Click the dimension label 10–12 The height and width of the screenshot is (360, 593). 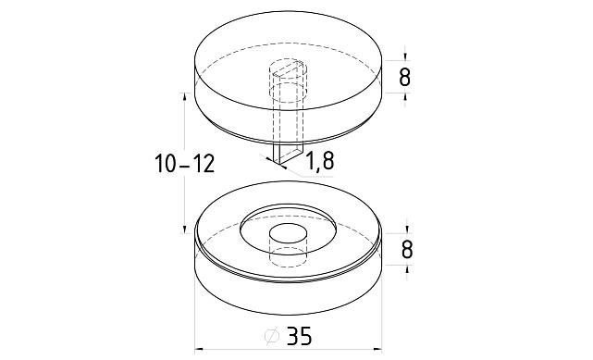coord(184,164)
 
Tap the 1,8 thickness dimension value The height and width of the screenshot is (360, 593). coord(319,161)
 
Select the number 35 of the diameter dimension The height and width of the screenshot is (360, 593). coord(299,336)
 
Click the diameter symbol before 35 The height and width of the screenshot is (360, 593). coord(272,336)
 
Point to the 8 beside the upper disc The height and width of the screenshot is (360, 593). coord(404,78)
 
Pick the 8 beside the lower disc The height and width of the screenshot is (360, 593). coord(406,250)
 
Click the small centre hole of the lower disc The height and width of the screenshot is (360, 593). coord(288,232)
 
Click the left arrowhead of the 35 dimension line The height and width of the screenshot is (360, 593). coord(199,350)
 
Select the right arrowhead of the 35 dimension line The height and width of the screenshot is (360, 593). coord(377,350)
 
